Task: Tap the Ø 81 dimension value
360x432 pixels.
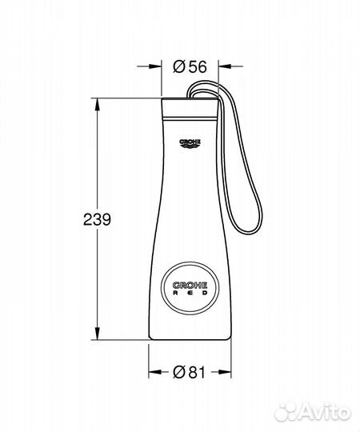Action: pyautogui.click(x=190, y=370)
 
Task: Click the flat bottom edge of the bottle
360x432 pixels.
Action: pyautogui.click(x=190, y=340)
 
